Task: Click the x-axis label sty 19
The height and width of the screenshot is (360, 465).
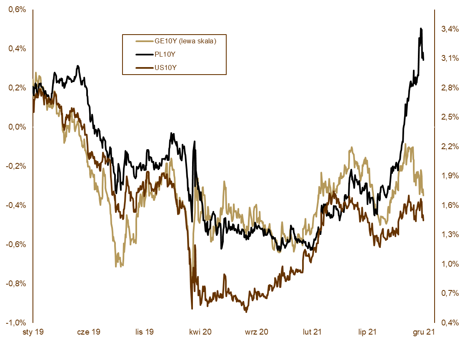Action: coord(33,332)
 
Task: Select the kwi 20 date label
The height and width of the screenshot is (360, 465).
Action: coord(200,332)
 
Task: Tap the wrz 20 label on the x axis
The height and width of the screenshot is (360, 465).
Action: coord(257,332)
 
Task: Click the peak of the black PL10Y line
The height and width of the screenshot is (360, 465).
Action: coord(421,28)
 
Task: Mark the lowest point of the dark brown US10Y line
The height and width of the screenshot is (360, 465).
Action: coord(246,312)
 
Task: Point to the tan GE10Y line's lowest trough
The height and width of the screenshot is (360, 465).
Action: coord(116,266)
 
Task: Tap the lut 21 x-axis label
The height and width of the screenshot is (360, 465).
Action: coord(312,332)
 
